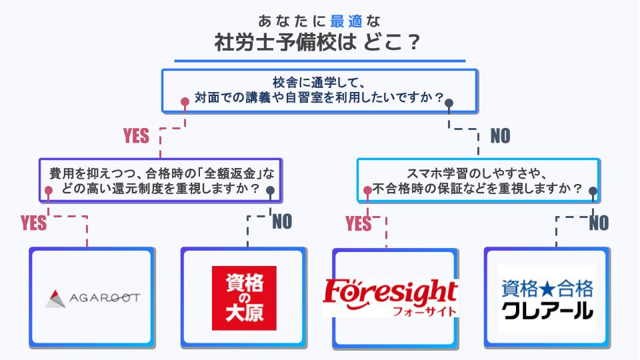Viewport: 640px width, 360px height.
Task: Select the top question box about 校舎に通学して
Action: point(319,90)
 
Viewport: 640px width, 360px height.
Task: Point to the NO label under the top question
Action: point(500,136)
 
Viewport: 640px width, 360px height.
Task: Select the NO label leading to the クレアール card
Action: point(599,223)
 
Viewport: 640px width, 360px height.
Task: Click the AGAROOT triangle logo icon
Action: point(56,297)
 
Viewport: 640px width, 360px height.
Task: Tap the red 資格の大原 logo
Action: point(243,298)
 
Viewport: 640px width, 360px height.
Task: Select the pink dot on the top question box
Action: point(185,102)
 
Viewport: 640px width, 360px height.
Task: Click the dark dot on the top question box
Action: point(449,103)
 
